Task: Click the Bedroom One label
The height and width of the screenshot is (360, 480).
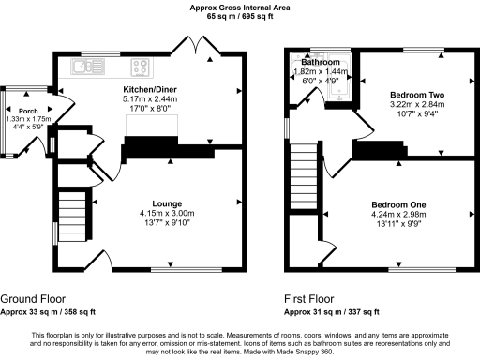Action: [x=398, y=205]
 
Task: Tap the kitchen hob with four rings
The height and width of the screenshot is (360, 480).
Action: [x=142, y=66]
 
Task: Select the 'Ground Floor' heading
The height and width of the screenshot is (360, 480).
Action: [x=32, y=298]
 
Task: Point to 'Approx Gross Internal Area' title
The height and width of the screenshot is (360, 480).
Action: [x=240, y=7]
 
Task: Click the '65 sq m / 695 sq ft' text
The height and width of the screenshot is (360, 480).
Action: [x=240, y=17]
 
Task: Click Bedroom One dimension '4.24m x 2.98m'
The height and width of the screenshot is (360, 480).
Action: [x=398, y=215]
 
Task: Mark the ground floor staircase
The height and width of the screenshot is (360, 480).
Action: [x=73, y=216]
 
